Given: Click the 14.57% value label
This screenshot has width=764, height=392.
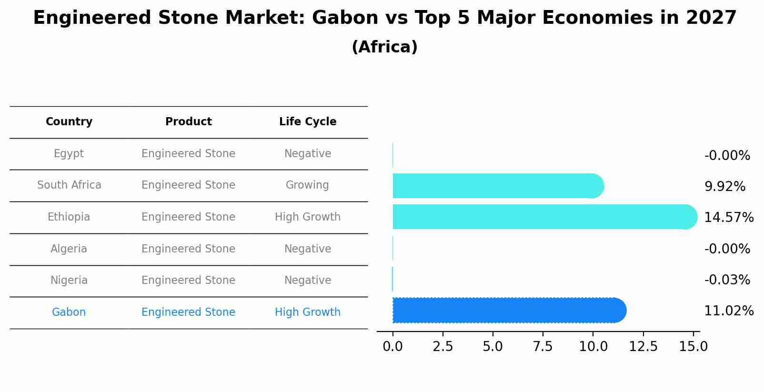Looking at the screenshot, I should (728, 218).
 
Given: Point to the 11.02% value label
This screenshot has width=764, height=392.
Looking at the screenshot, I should (728, 311).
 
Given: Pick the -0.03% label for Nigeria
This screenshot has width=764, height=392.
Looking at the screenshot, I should (727, 280).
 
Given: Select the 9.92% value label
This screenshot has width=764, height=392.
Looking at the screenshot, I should (724, 187).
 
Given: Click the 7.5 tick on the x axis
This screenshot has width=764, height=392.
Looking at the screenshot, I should (543, 347).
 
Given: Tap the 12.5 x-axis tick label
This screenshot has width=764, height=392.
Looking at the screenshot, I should (643, 347).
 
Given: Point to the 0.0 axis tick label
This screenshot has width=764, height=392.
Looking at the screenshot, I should (392, 347).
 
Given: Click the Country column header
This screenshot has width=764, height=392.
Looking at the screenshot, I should (69, 122).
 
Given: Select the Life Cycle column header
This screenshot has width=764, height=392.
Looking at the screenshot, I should (308, 122).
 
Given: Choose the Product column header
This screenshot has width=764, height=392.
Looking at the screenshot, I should (189, 122).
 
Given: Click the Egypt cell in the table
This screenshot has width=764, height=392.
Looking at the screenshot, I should (69, 154).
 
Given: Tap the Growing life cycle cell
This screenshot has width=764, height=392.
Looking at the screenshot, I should (307, 185).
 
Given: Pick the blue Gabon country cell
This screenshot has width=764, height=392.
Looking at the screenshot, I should (69, 312).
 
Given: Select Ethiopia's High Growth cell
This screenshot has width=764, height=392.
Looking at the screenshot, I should (308, 217).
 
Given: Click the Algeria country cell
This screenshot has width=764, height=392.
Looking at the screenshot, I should (69, 249).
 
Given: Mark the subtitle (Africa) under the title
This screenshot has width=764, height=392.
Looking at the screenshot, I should (384, 47).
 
